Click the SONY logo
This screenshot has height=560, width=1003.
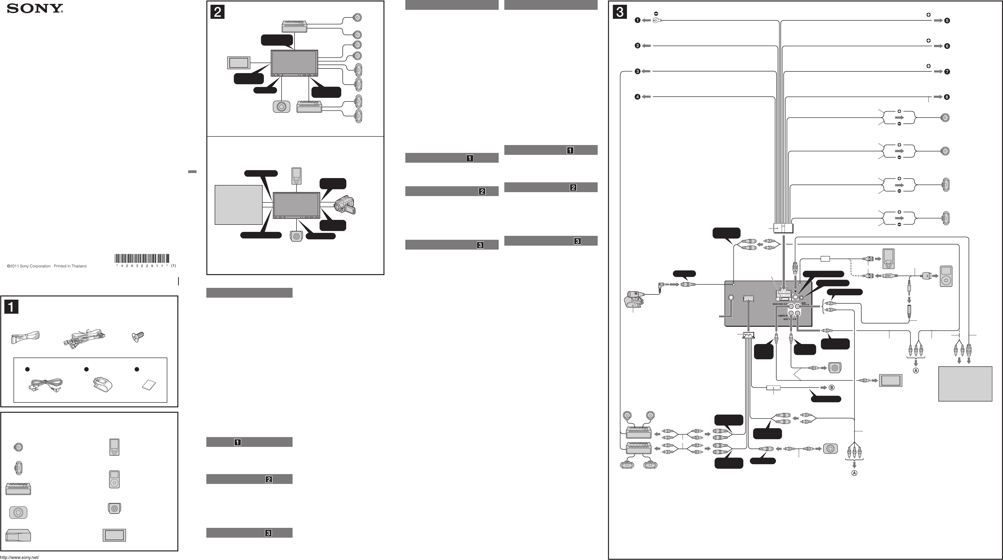35,9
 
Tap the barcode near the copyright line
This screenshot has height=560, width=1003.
142,259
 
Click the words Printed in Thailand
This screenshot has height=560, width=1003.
70,267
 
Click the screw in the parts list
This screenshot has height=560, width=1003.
138,336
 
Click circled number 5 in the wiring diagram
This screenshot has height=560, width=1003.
947,21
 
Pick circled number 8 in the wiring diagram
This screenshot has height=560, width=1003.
947,97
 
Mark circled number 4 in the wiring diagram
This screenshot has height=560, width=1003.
637,97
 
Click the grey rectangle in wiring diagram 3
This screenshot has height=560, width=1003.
965,384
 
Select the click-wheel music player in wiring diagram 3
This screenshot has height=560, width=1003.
946,276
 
